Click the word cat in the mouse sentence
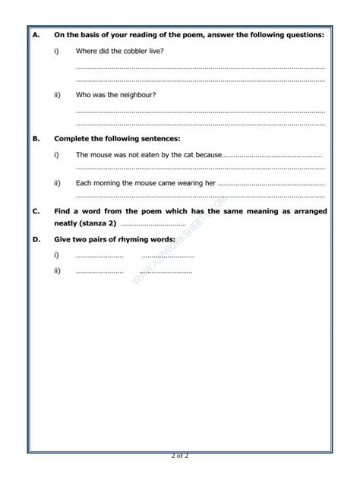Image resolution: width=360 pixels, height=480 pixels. click(188, 154)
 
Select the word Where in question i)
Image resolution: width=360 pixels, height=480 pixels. click(87, 50)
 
